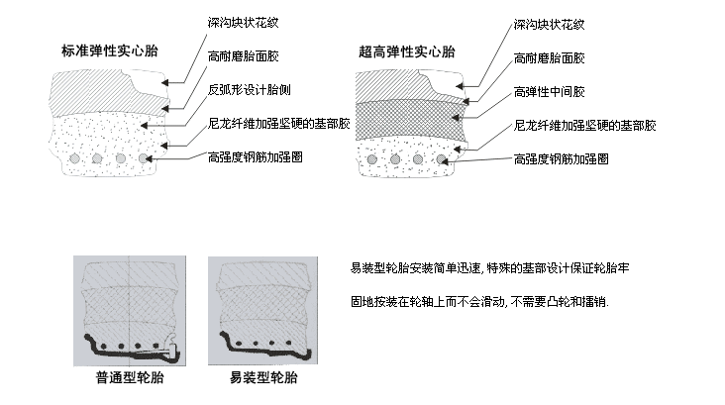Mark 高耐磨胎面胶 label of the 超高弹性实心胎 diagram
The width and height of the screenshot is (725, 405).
pyautogui.click(x=551, y=57)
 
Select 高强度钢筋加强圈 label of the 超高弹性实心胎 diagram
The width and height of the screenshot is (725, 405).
pyautogui.click(x=563, y=156)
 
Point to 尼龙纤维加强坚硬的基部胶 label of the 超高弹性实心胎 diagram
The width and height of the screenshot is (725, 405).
pyautogui.click(x=586, y=125)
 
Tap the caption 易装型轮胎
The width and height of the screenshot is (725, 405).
pyautogui.click(x=262, y=378)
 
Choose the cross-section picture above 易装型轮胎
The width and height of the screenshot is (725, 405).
pyautogui.click(x=263, y=310)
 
